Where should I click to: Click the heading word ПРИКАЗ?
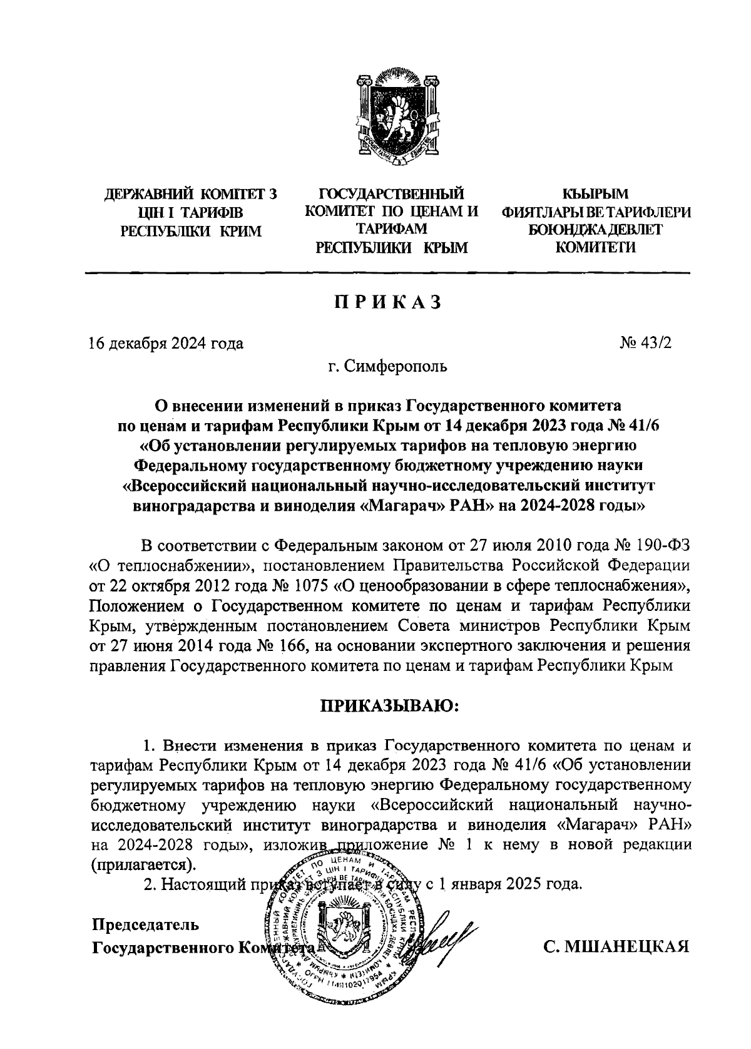coord(388,302)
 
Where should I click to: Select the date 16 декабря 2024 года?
coord(166,343)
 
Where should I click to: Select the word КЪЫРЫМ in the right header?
coord(595,195)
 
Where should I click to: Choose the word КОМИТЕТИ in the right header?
coord(595,247)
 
